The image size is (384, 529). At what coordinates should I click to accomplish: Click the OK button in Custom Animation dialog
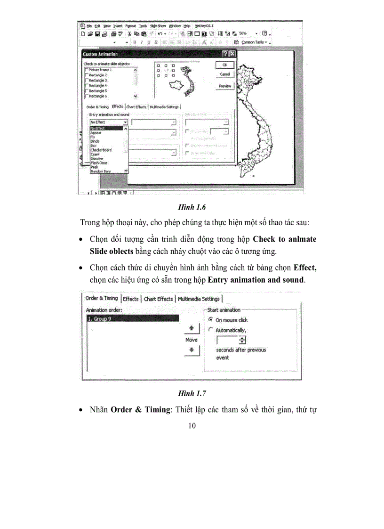pos(225,65)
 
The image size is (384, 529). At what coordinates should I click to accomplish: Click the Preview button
pos(225,86)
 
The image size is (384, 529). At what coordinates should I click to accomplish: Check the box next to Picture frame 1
pos(86,70)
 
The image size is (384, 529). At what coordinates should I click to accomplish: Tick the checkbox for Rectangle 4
pos(86,86)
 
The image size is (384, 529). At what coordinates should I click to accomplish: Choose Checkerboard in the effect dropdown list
pos(101,150)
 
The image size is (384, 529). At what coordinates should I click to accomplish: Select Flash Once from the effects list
pos(99,163)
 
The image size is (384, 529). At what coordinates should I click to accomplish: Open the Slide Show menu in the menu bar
pos(158,26)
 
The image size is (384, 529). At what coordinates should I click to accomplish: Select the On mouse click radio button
pos(211,320)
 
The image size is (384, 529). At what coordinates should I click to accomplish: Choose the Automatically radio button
pos(211,330)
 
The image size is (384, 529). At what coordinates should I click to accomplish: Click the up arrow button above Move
pos(192,328)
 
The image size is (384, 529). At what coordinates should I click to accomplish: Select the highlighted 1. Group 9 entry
pos(132,318)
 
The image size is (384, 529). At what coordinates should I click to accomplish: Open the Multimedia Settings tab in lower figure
pos(199,299)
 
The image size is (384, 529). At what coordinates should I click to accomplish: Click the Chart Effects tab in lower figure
pos(158,299)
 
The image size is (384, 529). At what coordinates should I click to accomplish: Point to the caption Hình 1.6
pos(192,207)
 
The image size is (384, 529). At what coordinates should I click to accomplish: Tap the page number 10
pos(192,426)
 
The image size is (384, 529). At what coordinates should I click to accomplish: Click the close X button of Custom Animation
pos(232,54)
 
